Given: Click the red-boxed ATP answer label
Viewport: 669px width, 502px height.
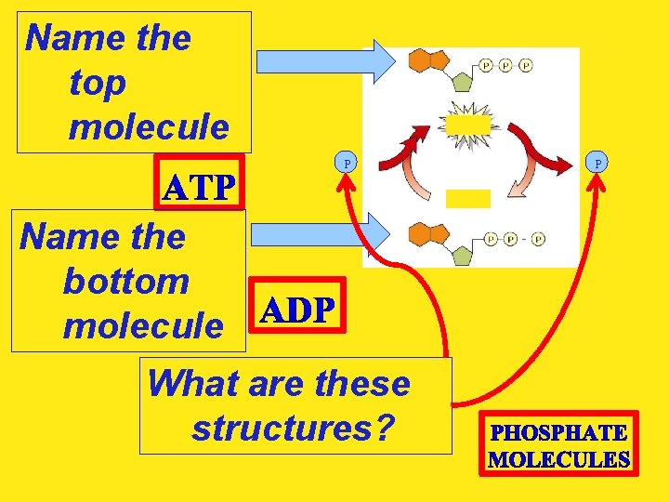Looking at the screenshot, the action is (199, 189).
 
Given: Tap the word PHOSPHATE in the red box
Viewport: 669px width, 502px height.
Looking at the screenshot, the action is (558, 433).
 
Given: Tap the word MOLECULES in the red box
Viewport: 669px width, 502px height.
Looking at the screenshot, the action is (558, 459).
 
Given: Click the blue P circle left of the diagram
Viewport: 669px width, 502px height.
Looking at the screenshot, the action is (347, 163).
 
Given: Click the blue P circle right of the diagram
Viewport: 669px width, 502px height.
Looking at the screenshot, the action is (597, 163).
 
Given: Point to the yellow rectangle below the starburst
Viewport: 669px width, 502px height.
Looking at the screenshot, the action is (467, 198).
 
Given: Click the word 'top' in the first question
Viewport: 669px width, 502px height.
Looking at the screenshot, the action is (97, 84).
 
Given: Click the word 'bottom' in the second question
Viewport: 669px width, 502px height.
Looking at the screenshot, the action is (125, 282).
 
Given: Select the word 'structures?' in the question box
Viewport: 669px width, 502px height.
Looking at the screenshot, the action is (293, 429).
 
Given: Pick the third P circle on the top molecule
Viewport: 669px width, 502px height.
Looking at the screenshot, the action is (526, 65).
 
